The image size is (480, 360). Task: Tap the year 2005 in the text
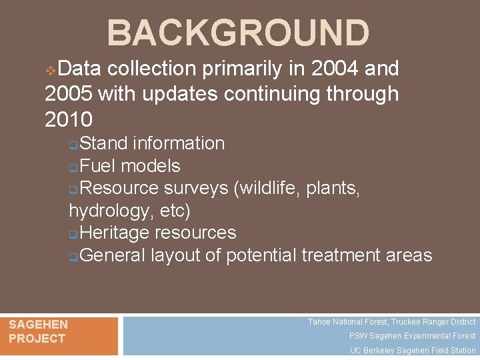69,95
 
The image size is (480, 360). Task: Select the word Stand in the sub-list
105,143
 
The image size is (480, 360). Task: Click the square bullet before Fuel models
73,167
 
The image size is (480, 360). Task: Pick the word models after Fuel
151,165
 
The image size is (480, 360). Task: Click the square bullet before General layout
73,257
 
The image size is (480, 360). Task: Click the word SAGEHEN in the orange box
38,325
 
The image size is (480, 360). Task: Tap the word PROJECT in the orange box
37,339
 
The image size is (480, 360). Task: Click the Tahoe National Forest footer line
391,322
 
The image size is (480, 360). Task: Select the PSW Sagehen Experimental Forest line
412,336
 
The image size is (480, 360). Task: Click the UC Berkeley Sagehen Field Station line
413,351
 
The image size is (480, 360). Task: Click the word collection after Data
151,69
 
